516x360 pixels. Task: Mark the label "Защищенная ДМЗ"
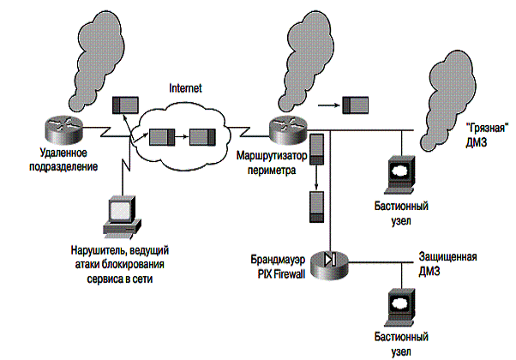pos(447,262)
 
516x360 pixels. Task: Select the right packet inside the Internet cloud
pos(202,136)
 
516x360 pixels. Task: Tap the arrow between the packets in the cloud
pos(183,136)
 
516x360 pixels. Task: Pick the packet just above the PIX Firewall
pos(316,206)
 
